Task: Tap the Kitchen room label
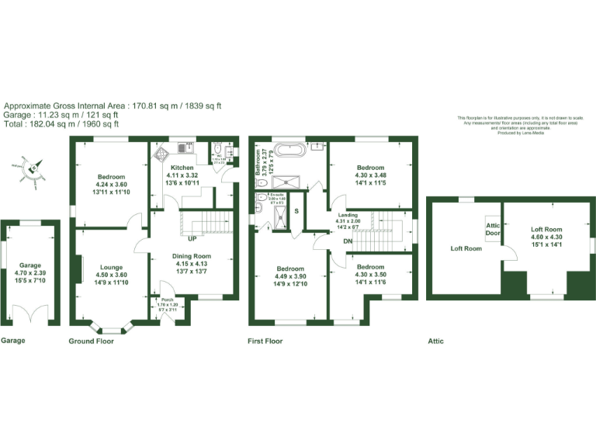point(182,168)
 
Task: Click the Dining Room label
point(191,256)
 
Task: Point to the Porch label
point(168,300)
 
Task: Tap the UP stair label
point(192,238)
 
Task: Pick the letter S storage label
point(296,210)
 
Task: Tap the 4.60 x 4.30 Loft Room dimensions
point(546,237)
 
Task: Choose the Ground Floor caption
point(91,341)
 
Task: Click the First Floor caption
point(265,341)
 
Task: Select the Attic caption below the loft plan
point(436,341)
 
